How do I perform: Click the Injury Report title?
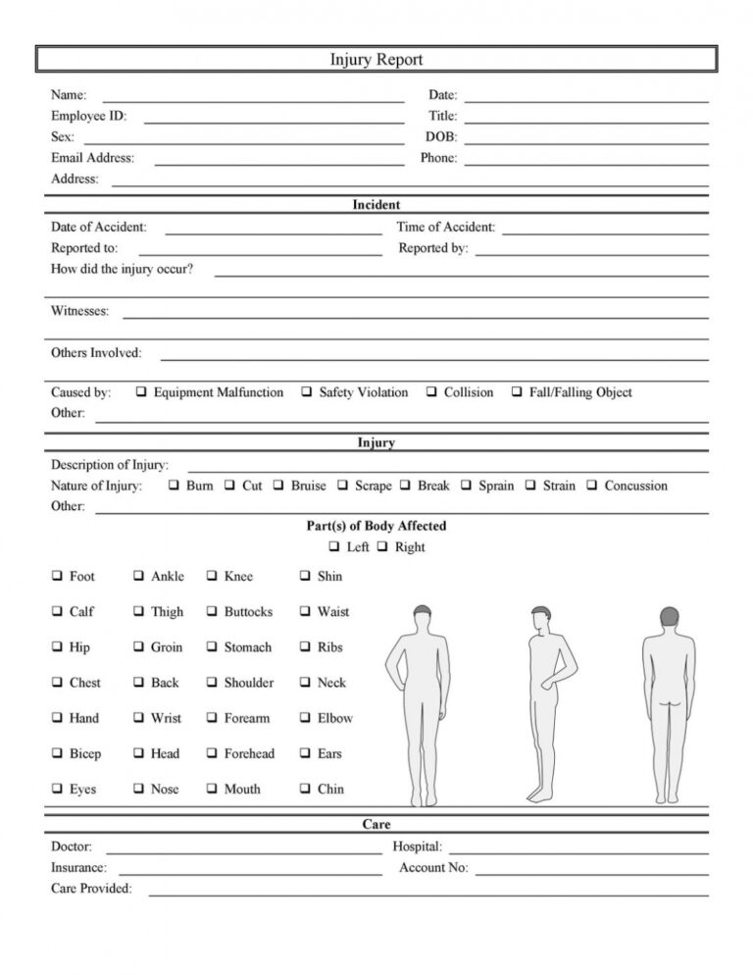pyautogui.click(x=376, y=60)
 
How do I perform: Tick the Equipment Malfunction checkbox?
pyautogui.click(x=141, y=392)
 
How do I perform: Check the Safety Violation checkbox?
pyautogui.click(x=307, y=392)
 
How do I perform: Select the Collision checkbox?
pyautogui.click(x=431, y=392)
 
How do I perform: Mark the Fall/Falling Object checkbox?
pyautogui.click(x=517, y=392)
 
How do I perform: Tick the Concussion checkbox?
pyautogui.click(x=591, y=486)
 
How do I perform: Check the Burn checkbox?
pyautogui.click(x=174, y=486)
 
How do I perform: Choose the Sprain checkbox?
pyautogui.click(x=466, y=486)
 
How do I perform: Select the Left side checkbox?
pyautogui.click(x=334, y=547)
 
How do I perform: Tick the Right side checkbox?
pyautogui.click(x=382, y=547)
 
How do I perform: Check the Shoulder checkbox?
pyautogui.click(x=212, y=683)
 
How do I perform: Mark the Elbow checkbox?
pyautogui.click(x=305, y=718)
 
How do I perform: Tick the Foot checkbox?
pyautogui.click(x=57, y=576)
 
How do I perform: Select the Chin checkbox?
pyautogui.click(x=305, y=789)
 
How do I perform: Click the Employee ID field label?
pyautogui.click(x=88, y=116)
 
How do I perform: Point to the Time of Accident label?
pyautogui.click(x=445, y=227)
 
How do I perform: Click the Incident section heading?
pyautogui.click(x=376, y=205)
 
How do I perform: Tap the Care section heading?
pyautogui.click(x=376, y=825)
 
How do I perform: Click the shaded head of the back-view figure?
pyautogui.click(x=670, y=620)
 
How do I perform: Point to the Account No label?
pyautogui.click(x=433, y=867)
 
